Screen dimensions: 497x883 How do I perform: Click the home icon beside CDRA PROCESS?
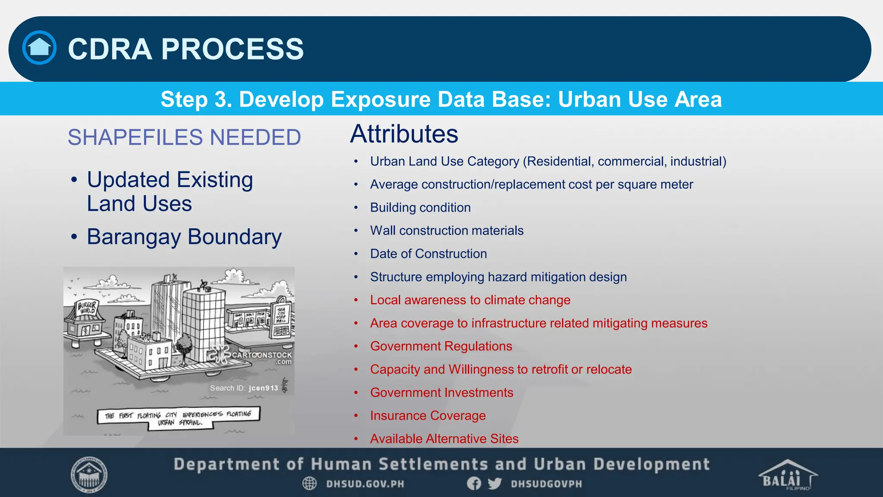pos(39,48)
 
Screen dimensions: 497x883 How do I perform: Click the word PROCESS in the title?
pos(232,49)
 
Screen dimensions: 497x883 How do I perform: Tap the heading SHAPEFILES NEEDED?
pos(184,137)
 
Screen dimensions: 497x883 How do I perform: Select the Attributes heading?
pos(404,134)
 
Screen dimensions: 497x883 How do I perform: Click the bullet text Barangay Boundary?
pos(184,237)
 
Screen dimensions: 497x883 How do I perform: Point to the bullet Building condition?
pos(420,208)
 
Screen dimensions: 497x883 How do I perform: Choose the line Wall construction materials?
pos(447,230)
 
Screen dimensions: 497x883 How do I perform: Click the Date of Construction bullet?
pos(428,254)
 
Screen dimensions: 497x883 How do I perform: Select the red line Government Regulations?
pos(441,346)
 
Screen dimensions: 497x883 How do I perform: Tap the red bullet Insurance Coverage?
pos(428,415)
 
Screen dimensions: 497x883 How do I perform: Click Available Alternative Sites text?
pos(444,439)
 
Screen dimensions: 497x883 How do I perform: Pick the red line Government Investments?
pos(441,393)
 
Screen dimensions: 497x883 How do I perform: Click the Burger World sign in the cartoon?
pos(87,308)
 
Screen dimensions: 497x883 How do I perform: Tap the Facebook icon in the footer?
pos(474,484)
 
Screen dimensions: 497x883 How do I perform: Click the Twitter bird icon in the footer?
pos(495,484)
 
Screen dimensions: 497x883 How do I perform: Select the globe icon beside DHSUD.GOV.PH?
pos(310,484)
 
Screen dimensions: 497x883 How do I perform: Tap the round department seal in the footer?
pos(89,475)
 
